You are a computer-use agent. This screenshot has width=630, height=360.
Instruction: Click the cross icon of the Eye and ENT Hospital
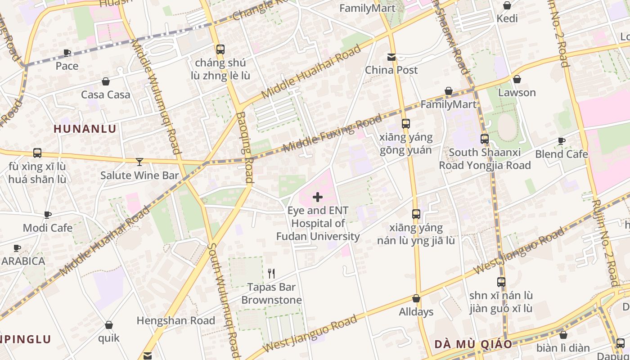click(318, 197)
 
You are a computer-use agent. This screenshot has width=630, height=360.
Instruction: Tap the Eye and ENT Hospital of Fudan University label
click(318, 223)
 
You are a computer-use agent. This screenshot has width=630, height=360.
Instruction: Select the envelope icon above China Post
click(391, 57)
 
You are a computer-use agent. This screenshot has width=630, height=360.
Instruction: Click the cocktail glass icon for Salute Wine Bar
click(139, 162)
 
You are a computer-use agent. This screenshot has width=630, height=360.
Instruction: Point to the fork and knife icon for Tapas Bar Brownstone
click(271, 273)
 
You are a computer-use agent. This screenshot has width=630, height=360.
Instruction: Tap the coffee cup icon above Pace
click(67, 53)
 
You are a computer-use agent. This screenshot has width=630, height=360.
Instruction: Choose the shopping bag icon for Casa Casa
click(106, 81)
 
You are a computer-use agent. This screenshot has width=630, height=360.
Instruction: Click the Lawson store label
click(517, 93)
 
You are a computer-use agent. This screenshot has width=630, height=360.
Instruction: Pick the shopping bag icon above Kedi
click(507, 5)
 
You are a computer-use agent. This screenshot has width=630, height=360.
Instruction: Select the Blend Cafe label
click(561, 154)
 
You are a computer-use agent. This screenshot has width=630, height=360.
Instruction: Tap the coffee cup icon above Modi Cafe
click(48, 215)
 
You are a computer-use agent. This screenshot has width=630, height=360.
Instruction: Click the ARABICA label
click(23, 261)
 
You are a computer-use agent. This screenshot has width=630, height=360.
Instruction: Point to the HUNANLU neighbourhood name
click(85, 129)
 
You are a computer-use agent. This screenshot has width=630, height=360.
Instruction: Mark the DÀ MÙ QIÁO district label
click(473, 344)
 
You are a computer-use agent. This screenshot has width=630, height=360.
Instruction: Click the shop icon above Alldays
click(416, 298)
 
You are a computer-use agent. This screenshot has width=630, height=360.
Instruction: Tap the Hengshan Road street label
click(176, 320)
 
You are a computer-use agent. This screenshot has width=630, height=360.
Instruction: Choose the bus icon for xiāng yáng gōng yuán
click(406, 124)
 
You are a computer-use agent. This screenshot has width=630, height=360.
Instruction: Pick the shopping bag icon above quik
click(109, 325)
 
